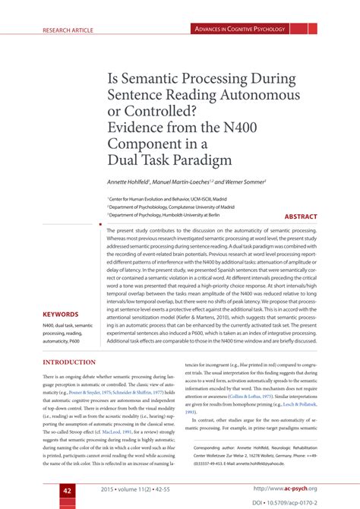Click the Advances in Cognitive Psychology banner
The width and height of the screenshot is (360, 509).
click(x=240, y=30)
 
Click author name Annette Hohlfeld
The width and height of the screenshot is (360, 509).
click(x=130, y=183)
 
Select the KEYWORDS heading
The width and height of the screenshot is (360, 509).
click(x=61, y=314)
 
